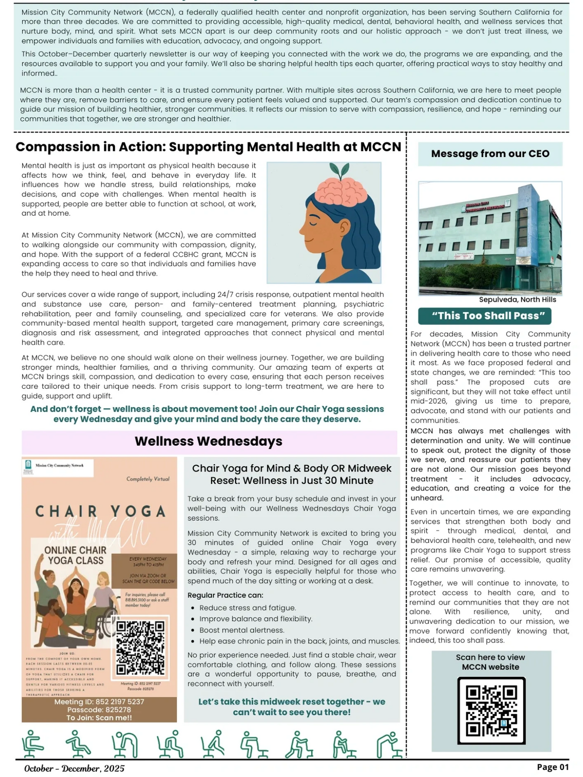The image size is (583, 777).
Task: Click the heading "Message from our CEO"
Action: click(490, 154)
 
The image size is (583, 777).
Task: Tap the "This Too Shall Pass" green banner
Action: click(484, 315)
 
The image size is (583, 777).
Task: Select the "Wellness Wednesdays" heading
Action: click(208, 441)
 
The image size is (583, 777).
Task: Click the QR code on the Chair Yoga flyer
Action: click(140, 647)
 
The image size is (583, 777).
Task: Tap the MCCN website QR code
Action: click(491, 710)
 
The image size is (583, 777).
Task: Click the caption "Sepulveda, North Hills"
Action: click(517, 299)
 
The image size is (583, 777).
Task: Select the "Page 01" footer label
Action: click(552, 767)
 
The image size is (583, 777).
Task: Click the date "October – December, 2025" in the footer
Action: click(74, 769)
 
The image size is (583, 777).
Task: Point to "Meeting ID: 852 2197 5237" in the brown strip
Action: click(99, 701)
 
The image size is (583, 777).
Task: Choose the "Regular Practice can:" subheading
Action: click(225, 595)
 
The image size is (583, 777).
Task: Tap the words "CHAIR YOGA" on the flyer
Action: click(100, 511)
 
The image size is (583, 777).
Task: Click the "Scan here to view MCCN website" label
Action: click(490, 662)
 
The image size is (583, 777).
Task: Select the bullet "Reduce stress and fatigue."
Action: click(247, 608)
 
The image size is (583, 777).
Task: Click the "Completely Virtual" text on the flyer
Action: click(148, 479)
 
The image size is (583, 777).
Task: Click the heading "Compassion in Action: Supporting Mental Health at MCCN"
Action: click(208, 147)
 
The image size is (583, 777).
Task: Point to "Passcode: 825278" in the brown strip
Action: click(99, 710)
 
